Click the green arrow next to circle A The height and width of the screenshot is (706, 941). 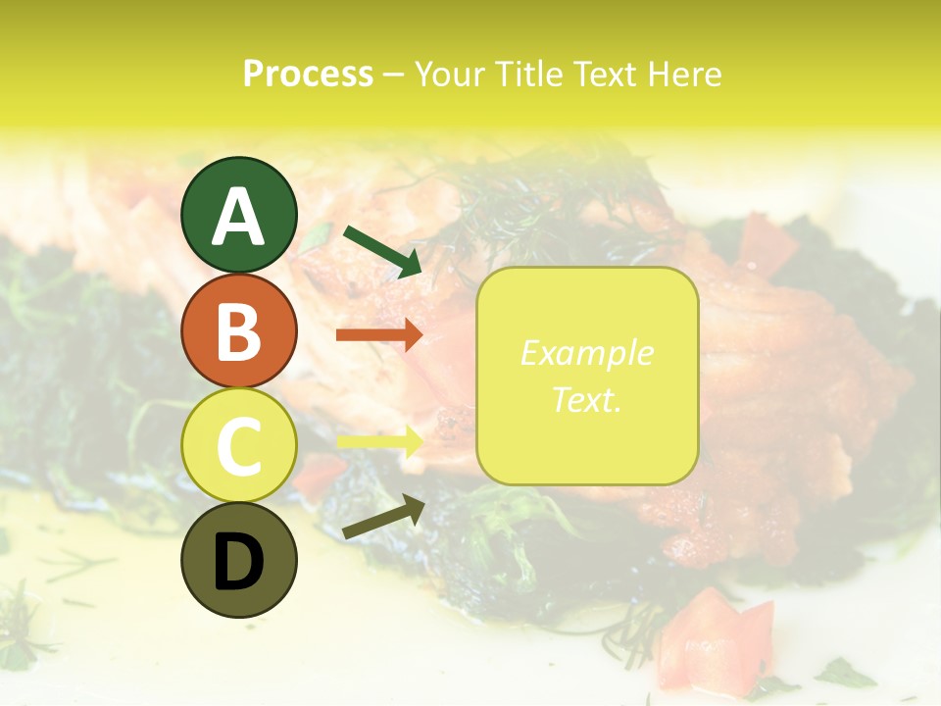pos(383,250)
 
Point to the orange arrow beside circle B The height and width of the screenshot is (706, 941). pos(379,334)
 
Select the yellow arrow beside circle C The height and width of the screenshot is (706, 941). pos(379,441)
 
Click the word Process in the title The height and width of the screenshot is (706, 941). pos(308,74)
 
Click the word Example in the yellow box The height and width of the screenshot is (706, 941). pos(586,353)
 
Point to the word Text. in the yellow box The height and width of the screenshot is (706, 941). pos(586,399)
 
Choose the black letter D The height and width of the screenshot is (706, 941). pos(238,563)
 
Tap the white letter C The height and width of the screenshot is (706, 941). pos(238,446)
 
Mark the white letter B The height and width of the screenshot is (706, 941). pos(238,331)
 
